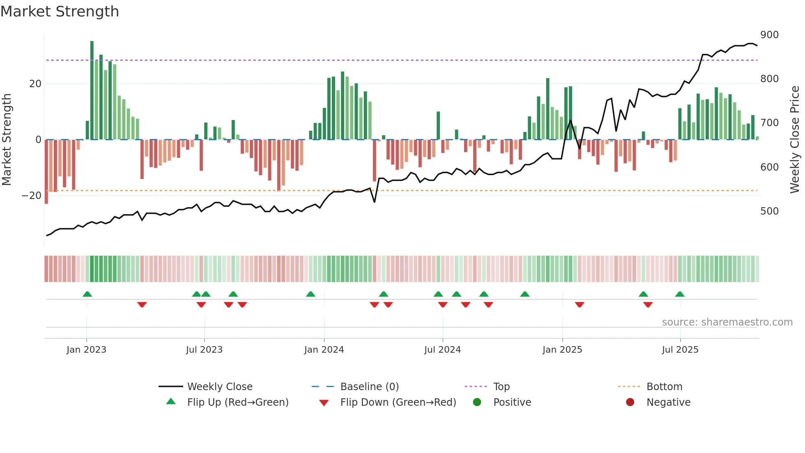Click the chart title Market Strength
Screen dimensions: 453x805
[x=60, y=12]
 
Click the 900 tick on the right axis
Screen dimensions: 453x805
[x=769, y=35]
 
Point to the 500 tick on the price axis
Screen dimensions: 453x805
[x=769, y=211]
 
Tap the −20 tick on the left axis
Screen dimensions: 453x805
[x=31, y=196]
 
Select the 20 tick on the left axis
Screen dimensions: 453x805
[x=35, y=84]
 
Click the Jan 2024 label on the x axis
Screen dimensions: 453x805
[x=324, y=350]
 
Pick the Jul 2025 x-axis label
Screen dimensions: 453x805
[x=680, y=350]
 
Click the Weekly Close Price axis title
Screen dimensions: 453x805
[x=795, y=140]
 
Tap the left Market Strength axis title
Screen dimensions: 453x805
[x=7, y=140]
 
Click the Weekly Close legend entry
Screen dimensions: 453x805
[x=220, y=387]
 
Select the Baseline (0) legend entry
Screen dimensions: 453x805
[x=369, y=387]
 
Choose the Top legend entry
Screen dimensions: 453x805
[x=501, y=387]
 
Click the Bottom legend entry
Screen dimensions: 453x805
[x=664, y=387]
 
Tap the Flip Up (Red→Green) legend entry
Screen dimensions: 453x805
[x=238, y=402]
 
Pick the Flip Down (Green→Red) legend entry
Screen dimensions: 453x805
[x=398, y=402]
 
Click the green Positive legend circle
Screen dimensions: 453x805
[x=477, y=402]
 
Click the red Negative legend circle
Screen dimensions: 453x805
[x=630, y=402]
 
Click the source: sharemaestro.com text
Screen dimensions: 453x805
[x=727, y=322]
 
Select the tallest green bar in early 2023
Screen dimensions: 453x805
[x=92, y=90]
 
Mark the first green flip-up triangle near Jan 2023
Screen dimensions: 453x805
[x=87, y=294]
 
